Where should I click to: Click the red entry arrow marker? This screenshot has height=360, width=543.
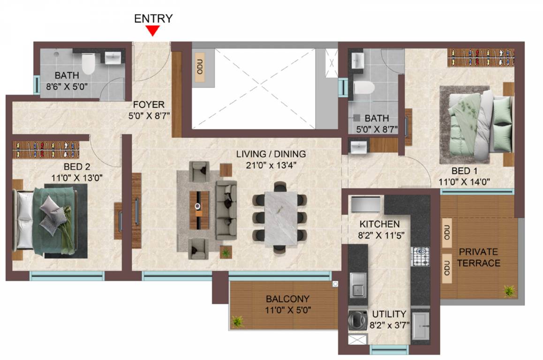(x=152, y=31)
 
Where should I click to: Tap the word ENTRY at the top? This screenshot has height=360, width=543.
(x=153, y=18)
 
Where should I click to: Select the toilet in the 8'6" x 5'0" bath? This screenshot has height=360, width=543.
(x=88, y=64)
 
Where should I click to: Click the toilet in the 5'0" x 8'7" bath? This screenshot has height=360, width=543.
(x=364, y=88)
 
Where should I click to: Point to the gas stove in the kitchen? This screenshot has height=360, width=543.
(x=421, y=256)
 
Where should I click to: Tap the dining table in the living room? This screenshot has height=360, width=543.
(x=281, y=219)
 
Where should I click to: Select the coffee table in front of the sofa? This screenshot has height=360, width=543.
(x=199, y=210)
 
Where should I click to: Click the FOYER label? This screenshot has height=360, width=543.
(x=149, y=104)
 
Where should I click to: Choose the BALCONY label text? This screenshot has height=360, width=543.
(x=287, y=299)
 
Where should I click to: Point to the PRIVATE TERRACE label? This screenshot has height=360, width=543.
(x=478, y=257)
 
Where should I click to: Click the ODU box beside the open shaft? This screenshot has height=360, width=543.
(x=200, y=67)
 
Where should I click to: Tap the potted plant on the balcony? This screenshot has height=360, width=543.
(x=238, y=321)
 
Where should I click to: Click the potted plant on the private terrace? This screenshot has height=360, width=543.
(x=509, y=291)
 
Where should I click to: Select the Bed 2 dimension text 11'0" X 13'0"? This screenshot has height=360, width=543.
(x=77, y=178)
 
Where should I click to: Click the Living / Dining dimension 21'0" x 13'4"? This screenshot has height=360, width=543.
(x=271, y=165)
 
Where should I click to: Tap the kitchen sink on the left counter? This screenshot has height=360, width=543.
(x=358, y=285)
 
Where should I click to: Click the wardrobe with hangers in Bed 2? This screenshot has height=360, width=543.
(x=46, y=150)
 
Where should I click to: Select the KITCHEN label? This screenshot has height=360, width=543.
(x=379, y=224)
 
